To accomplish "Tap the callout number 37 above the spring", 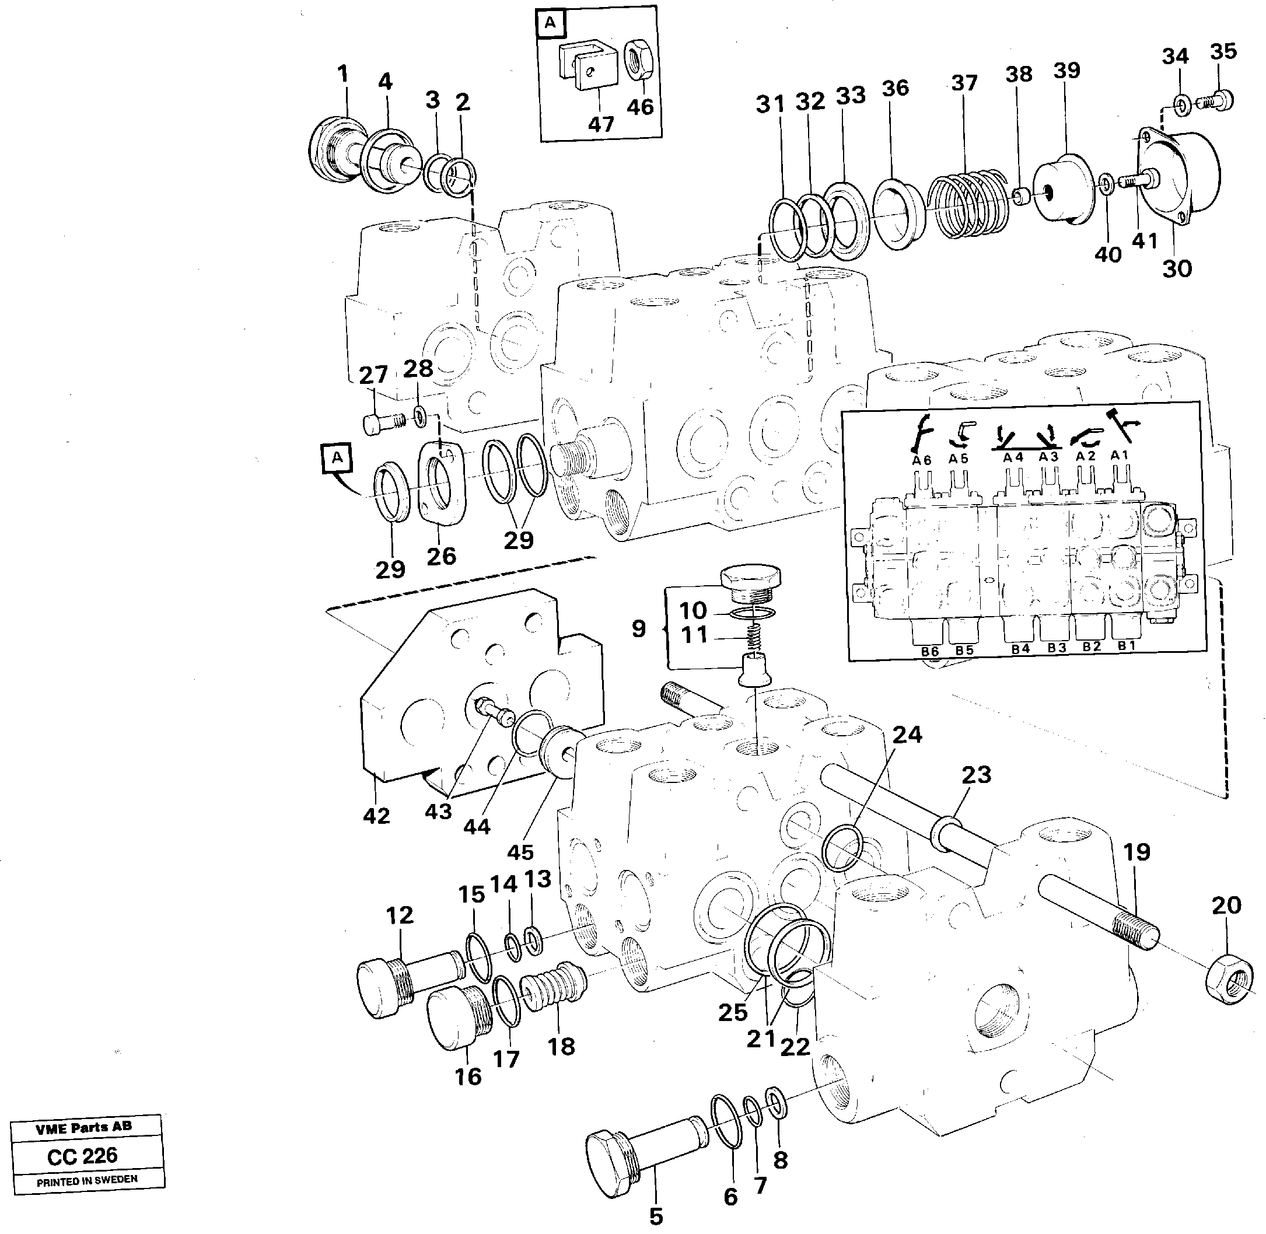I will pyautogui.click(x=964, y=83).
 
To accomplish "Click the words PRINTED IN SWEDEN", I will pyautogui.click(x=87, y=1180).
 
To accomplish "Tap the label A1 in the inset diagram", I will pyautogui.click(x=1119, y=456).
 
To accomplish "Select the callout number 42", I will pyautogui.click(x=376, y=815).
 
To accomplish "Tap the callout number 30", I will pyautogui.click(x=1177, y=268).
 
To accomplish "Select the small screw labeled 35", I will pyautogui.click(x=1218, y=100).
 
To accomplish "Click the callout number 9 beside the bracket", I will pyautogui.click(x=638, y=628).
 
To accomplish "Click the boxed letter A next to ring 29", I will pyautogui.click(x=336, y=457).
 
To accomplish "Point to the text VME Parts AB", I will pyautogui.click(x=83, y=1128).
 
